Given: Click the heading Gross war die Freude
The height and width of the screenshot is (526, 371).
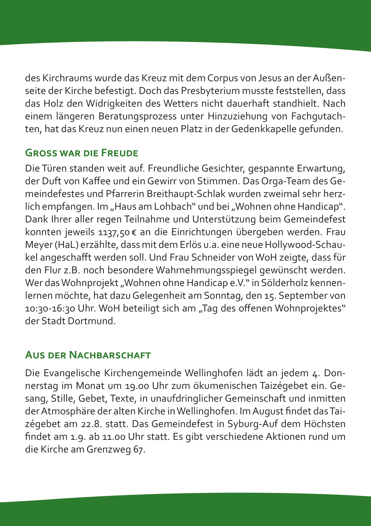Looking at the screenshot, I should coord(81,153).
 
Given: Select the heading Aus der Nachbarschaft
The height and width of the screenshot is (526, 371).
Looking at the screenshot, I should coord(88,355).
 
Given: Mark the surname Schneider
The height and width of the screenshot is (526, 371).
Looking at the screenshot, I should coord(209,258).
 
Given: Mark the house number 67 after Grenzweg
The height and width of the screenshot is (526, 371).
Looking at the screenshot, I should coord(139,450).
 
